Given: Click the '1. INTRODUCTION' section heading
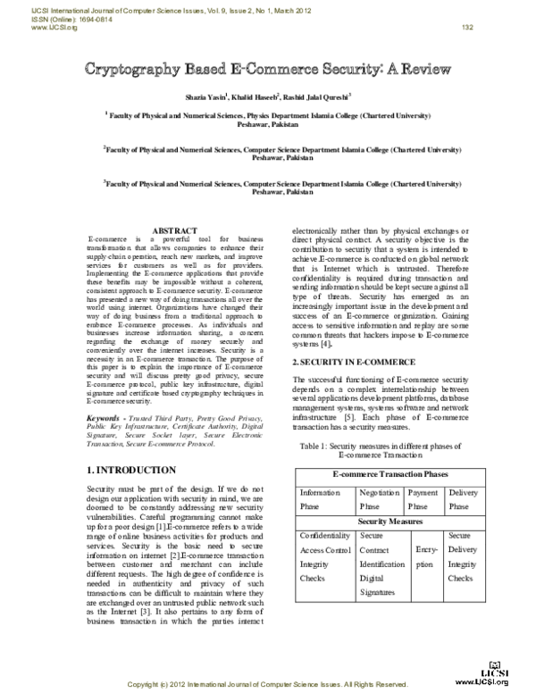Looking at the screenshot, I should click(130, 470).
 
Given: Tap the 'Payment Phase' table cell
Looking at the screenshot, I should click(423, 498).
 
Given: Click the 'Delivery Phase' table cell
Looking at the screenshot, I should click(463, 498).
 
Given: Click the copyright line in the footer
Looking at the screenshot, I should click(268, 685).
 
